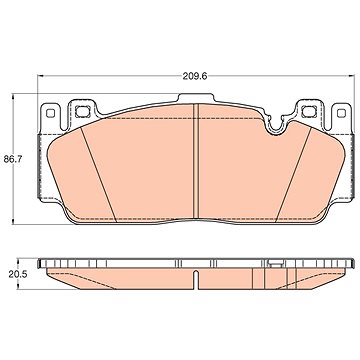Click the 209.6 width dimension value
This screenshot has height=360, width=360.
pyautogui.click(x=195, y=76)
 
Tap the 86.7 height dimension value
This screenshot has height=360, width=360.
pyautogui.click(x=12, y=159)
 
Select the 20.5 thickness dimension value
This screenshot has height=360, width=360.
pyautogui.click(x=17, y=274)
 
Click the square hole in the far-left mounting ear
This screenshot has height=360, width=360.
pyautogui.click(x=50, y=113)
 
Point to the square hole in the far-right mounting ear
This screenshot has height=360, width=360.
pyautogui.click(x=341, y=113)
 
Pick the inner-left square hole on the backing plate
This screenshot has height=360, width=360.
pyautogui.click(x=81, y=111)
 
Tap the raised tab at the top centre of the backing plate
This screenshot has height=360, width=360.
pyautogui.click(x=195, y=98)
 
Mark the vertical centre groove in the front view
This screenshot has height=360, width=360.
pyautogui.click(x=196, y=161)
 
